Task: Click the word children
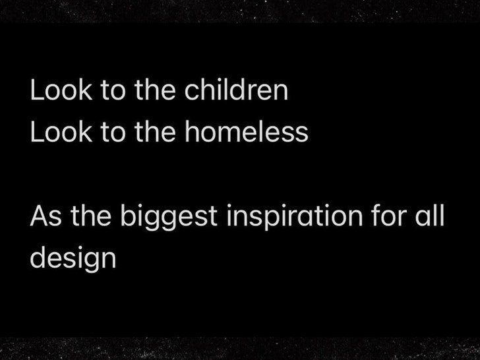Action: click(236, 90)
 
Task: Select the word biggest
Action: click(169, 217)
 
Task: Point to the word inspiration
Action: click(295, 217)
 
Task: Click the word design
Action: click(73, 258)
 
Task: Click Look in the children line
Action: click(61, 90)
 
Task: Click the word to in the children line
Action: click(113, 90)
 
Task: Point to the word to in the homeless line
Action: click(113, 133)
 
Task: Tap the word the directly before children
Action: click(155, 90)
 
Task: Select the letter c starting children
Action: click(191, 93)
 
